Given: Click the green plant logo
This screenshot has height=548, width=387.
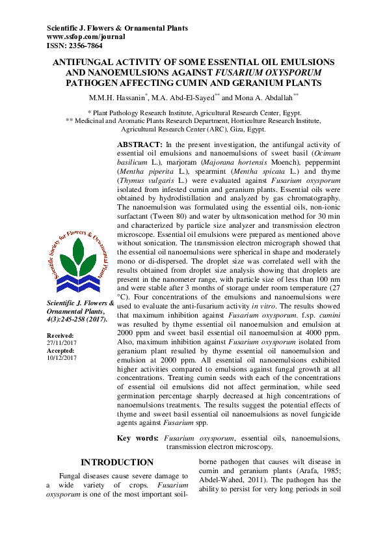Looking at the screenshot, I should pyautogui.click(x=77, y=261).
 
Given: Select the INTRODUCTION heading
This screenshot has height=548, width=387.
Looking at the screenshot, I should pyautogui.click(x=116, y=463).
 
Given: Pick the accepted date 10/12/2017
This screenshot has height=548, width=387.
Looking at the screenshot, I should pyautogui.click(x=60, y=357).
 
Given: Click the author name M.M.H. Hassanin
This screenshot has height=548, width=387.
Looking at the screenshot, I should pyautogui.click(x=118, y=98).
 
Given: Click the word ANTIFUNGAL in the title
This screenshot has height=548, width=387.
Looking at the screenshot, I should pyautogui.click(x=87, y=62).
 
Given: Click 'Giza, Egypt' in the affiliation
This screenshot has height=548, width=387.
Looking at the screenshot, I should pyautogui.click(x=233, y=129).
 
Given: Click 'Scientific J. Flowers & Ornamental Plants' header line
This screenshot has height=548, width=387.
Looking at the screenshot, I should pyautogui.click(x=118, y=28).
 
